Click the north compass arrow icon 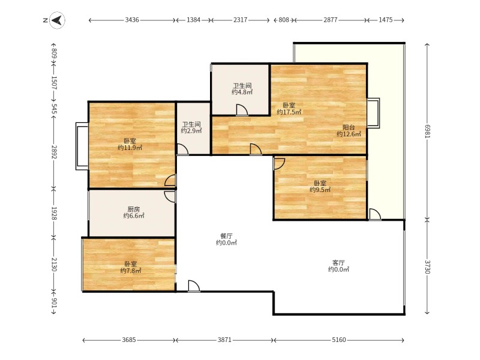[57, 20]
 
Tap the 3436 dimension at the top [132, 20]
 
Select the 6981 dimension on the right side [427, 131]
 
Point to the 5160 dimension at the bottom [339, 340]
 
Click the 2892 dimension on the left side [54, 152]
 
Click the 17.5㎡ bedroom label [289, 109]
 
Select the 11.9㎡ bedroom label [130, 145]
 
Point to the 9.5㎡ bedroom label [320, 187]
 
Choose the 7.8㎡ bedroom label [131, 267]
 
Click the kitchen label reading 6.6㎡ [134, 212]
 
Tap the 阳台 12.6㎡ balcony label [349, 131]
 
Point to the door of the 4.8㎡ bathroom [242, 110]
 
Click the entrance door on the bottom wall [194, 286]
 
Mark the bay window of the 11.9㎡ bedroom [82, 146]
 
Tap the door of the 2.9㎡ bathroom [183, 149]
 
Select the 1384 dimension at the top [193, 20]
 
